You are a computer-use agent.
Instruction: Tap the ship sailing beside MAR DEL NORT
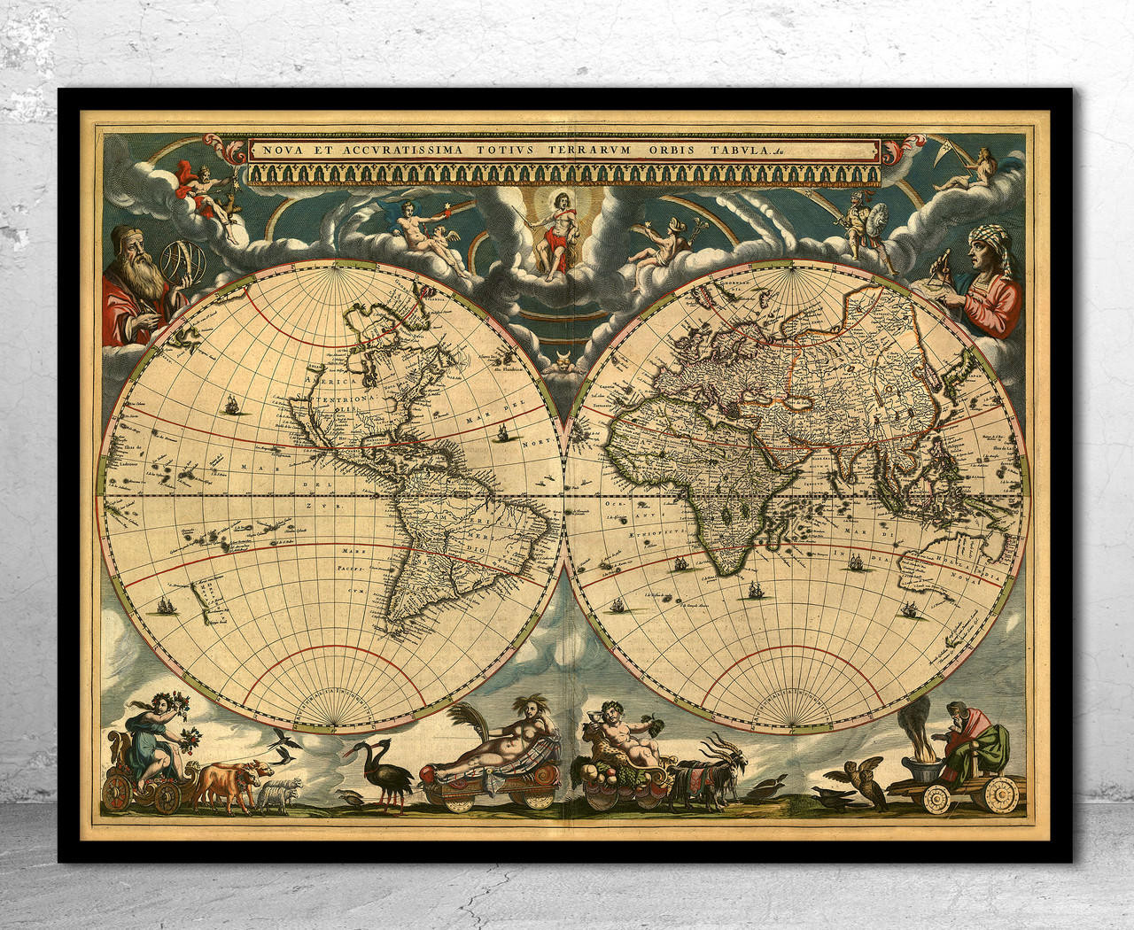[502, 435]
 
